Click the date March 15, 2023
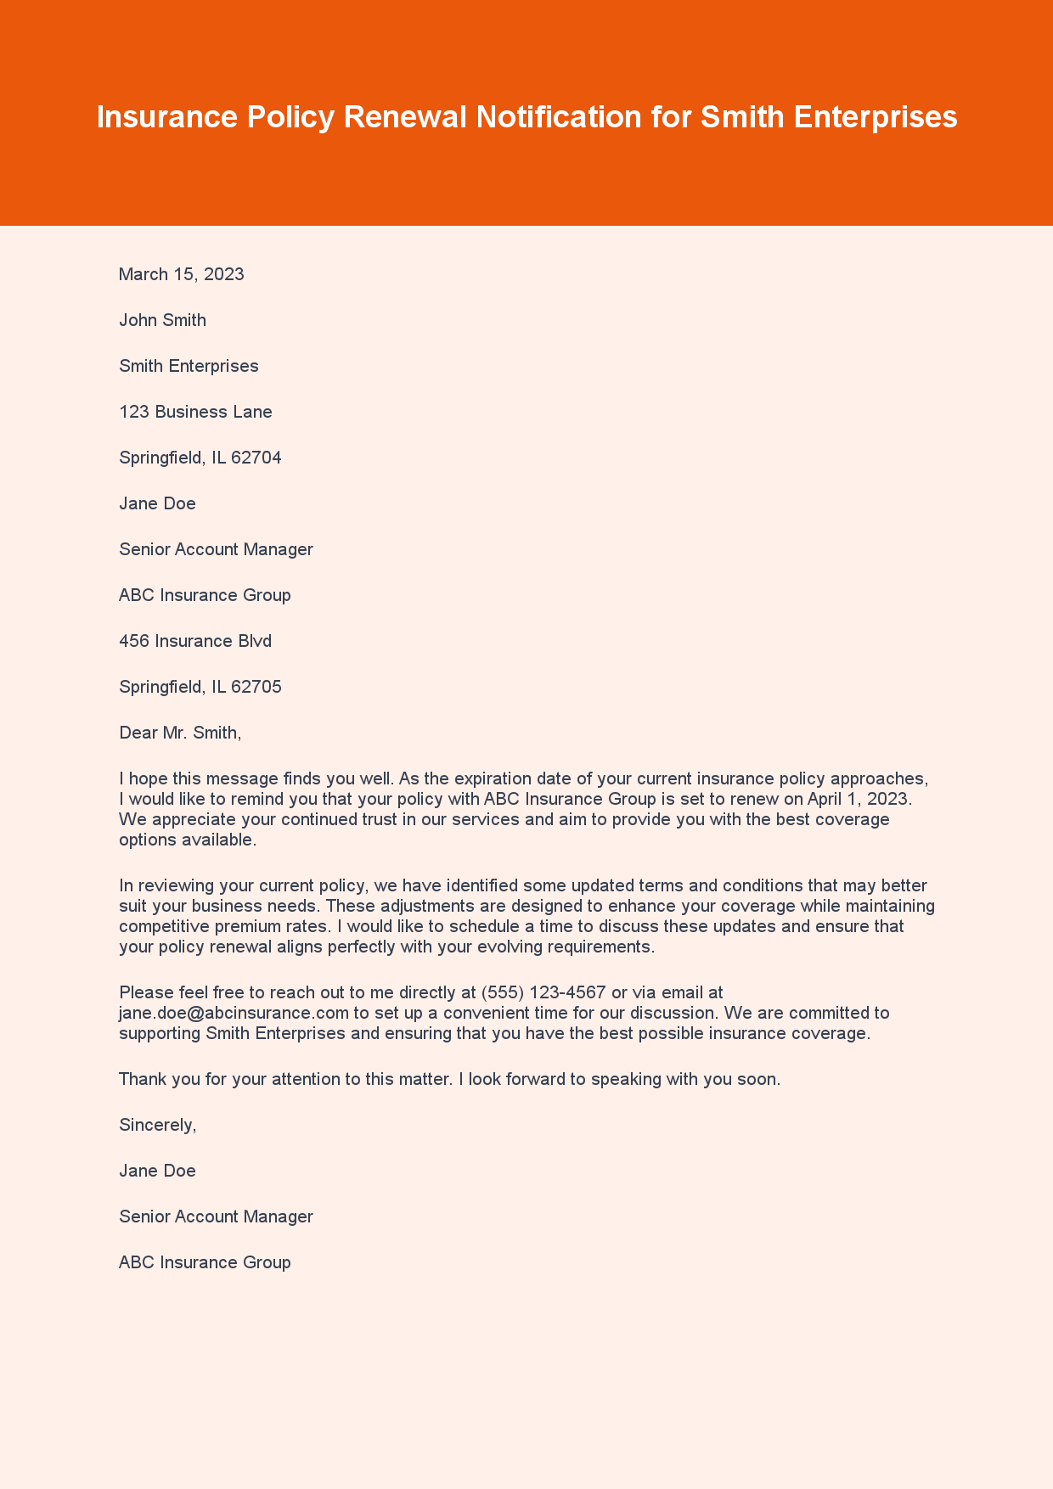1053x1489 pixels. (x=182, y=274)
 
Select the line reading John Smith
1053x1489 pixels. (x=162, y=320)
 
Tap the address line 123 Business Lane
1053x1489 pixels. (x=195, y=412)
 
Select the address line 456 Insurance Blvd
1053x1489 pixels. (x=195, y=641)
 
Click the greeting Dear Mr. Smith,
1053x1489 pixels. (x=180, y=733)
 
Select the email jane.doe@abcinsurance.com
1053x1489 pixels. (x=234, y=1013)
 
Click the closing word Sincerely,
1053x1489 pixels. (x=158, y=1125)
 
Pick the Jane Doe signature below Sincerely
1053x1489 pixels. (x=157, y=1171)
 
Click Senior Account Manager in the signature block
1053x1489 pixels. (x=216, y=1216)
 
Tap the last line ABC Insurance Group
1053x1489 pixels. (x=205, y=1262)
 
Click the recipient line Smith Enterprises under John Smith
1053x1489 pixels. (x=189, y=366)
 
